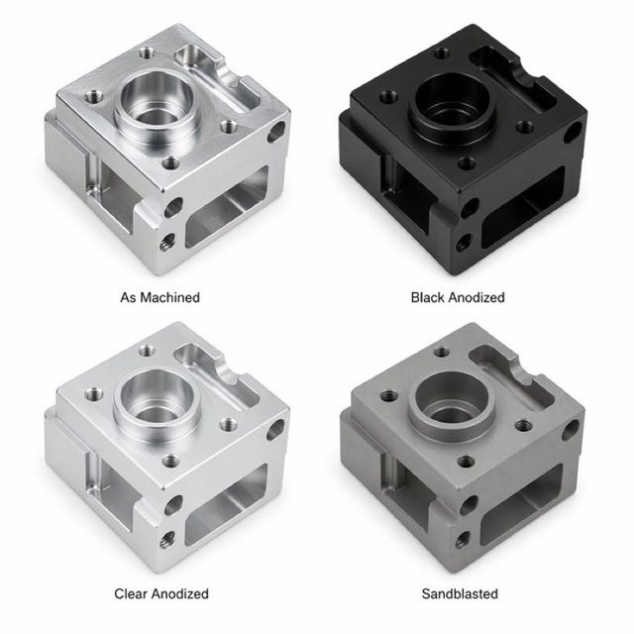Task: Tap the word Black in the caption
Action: coord(428,297)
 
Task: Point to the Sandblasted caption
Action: coord(460,593)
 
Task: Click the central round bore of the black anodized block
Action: coord(452,102)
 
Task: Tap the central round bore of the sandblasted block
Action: coord(452,400)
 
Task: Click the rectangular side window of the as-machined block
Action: coord(227,208)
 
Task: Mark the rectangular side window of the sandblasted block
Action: coord(522,504)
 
